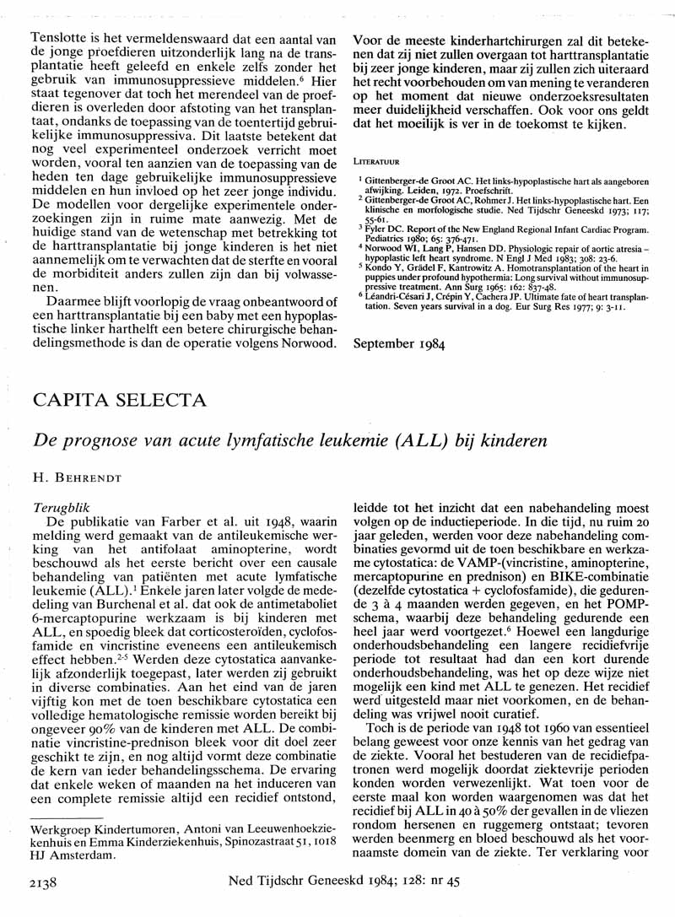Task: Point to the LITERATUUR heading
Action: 376,159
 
